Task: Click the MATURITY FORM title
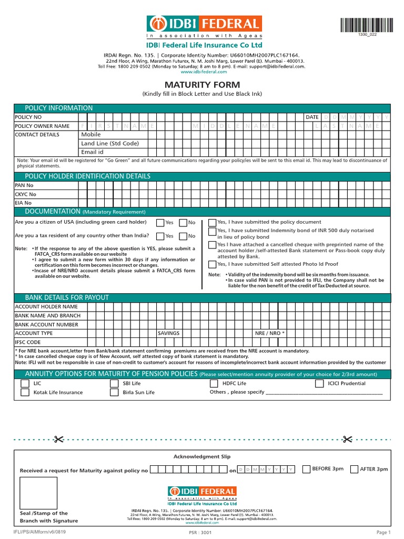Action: [203, 85]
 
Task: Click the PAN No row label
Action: [24, 185]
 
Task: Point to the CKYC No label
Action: [25, 194]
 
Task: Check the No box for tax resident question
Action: [183, 236]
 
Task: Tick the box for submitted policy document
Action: [212, 223]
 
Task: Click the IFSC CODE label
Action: [28, 342]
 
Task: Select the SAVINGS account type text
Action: [169, 333]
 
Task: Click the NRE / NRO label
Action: [269, 333]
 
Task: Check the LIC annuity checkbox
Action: [25, 384]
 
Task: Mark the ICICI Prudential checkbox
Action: [319, 384]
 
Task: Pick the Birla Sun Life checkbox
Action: [114, 393]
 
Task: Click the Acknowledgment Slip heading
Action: [202, 457]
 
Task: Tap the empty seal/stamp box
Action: [38, 492]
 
